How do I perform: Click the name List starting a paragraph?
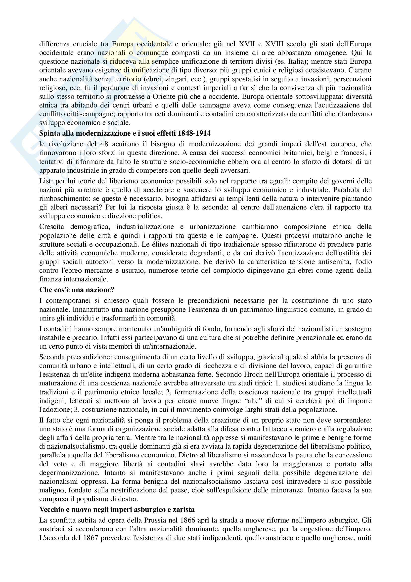(45, 181)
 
